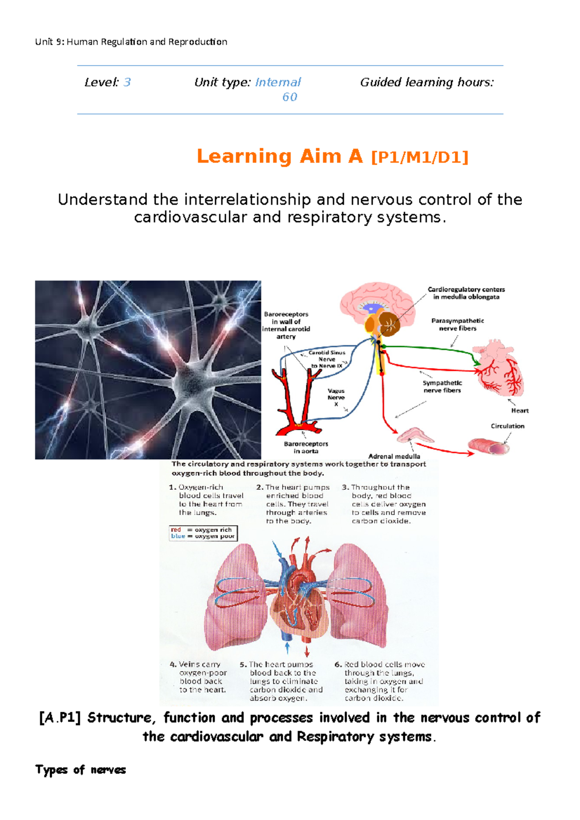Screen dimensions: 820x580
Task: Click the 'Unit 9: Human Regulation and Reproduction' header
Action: (x=131, y=42)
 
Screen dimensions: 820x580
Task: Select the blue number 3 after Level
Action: (x=127, y=83)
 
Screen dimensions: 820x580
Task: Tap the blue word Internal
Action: (x=278, y=83)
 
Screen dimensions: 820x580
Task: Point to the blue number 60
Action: (x=290, y=97)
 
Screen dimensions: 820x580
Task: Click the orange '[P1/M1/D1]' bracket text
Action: (x=420, y=157)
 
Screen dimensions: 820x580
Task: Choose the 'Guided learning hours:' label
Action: (x=427, y=83)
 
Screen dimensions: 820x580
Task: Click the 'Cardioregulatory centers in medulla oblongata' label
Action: (x=466, y=293)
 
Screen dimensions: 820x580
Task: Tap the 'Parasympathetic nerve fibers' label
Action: (x=457, y=325)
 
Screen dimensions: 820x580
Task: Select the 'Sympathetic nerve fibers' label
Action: (x=442, y=386)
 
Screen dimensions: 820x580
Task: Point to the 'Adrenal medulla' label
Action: (x=394, y=456)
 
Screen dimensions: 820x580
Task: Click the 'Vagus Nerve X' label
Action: (x=336, y=397)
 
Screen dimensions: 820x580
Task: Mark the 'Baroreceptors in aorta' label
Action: (x=306, y=447)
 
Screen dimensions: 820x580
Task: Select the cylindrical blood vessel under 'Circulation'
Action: (x=489, y=446)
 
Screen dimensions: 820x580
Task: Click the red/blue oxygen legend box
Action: (x=203, y=533)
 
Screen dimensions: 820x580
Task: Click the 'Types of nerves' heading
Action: (x=80, y=770)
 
